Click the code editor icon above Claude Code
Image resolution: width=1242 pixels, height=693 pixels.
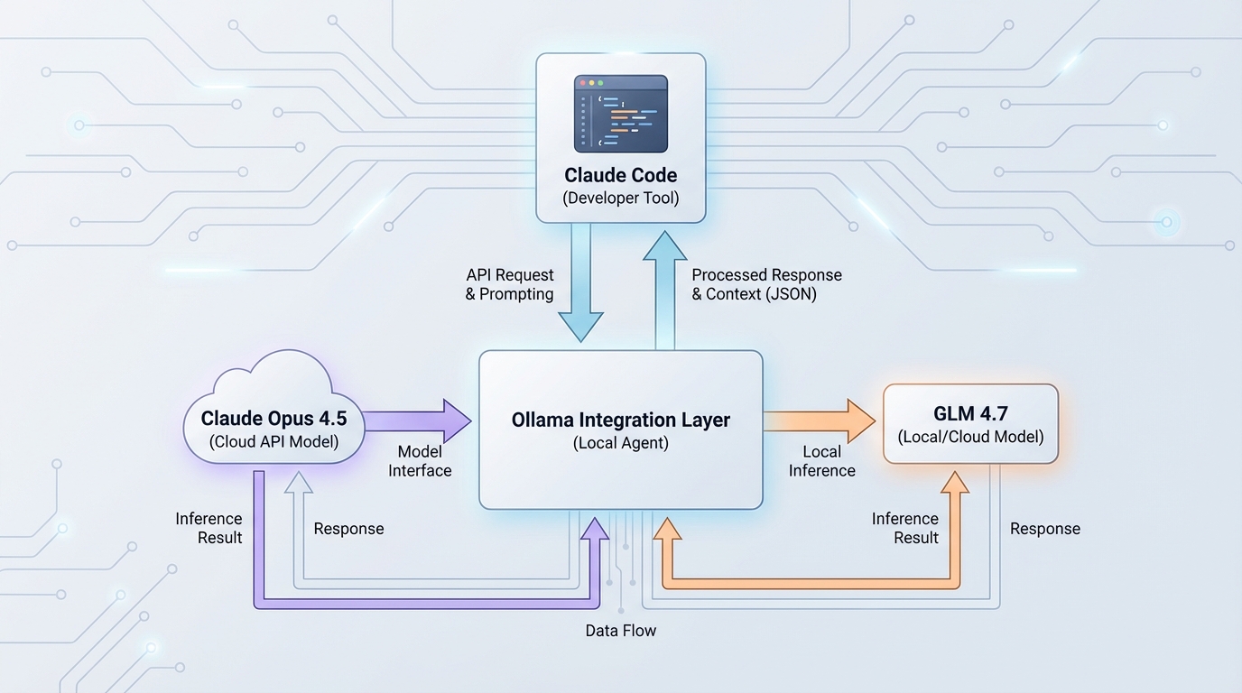point(621,114)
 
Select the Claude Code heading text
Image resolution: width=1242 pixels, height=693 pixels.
point(621,175)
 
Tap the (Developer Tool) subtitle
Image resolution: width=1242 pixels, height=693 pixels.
point(621,199)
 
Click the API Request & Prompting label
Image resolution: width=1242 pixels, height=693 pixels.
point(510,284)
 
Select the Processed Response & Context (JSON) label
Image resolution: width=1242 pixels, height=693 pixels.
point(766,284)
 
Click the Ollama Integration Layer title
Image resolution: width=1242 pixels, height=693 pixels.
point(621,420)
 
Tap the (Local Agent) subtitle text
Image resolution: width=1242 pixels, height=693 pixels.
point(621,443)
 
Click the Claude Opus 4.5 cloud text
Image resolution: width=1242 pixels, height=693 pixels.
point(273,419)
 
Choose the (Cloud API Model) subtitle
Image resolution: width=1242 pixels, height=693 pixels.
point(273,442)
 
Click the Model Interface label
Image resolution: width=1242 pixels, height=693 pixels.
point(420,461)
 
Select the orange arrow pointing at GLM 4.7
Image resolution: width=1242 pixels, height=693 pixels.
point(818,420)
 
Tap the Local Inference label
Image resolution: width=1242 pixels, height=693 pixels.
point(821,461)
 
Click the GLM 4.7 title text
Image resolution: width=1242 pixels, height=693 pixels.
point(970,414)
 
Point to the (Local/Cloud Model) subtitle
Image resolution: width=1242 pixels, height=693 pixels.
point(970,438)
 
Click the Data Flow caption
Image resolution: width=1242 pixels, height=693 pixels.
point(621,631)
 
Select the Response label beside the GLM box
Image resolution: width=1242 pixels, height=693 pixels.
point(1045,529)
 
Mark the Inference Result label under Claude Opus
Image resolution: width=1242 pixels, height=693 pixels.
point(209,528)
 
